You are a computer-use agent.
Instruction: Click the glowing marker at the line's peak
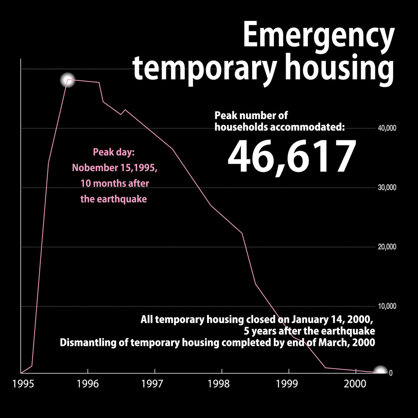(68, 80)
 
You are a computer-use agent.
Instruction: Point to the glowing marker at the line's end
(380, 372)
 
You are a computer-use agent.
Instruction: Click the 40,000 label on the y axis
(387, 129)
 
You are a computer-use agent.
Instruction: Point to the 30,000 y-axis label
(387, 188)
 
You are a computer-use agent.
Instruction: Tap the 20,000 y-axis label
(387, 247)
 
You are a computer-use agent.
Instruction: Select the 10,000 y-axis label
(387, 306)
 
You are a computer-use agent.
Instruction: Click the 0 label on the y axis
(390, 373)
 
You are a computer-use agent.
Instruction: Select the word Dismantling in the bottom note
(84, 342)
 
